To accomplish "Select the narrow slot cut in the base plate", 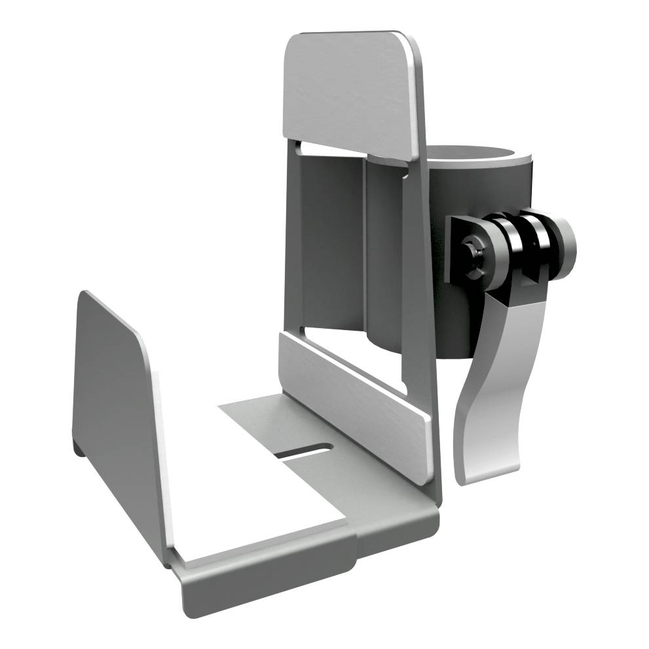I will coord(303,451).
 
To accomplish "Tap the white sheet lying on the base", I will coord(262,498).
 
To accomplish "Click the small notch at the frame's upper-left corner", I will coord(298,145).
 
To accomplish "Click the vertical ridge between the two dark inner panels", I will coord(365,249).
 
